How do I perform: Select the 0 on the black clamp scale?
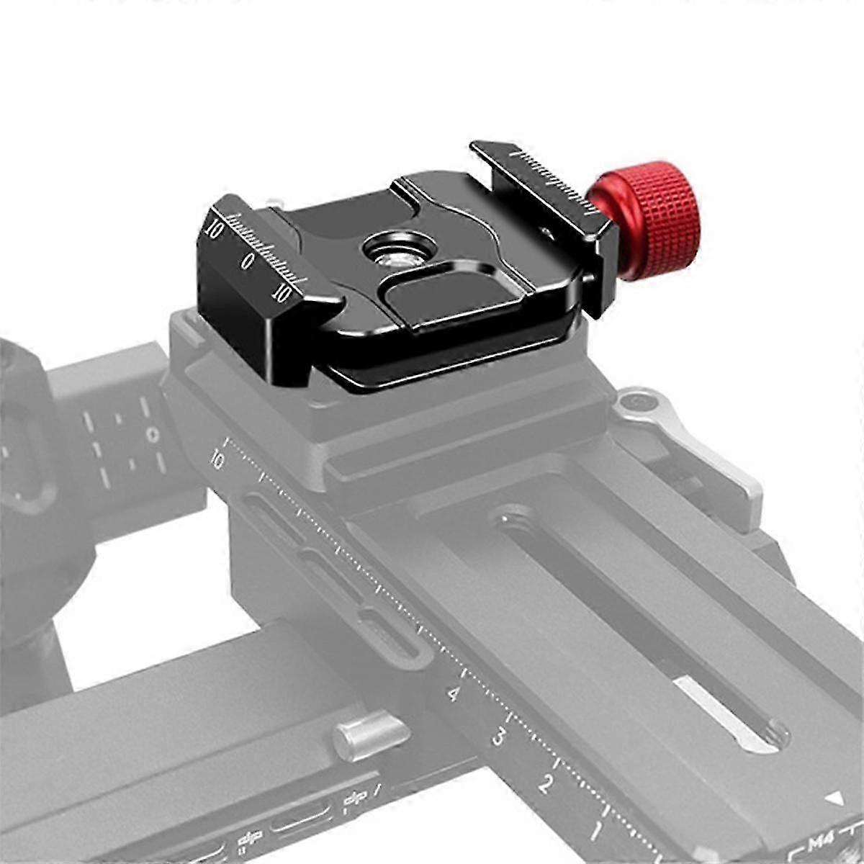[x=247, y=261]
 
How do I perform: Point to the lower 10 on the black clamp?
[x=282, y=293]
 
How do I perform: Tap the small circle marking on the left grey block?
[x=152, y=435]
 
